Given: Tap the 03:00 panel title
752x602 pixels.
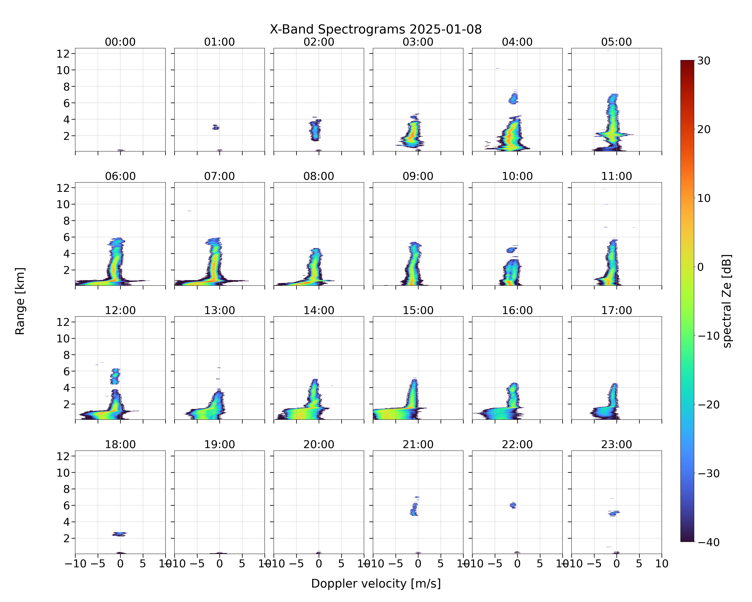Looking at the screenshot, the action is tap(418, 42).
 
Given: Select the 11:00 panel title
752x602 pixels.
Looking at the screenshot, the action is tap(616, 176).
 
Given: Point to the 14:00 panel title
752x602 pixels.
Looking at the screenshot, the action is tap(319, 310).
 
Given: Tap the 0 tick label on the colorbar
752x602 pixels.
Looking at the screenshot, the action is tap(700, 267).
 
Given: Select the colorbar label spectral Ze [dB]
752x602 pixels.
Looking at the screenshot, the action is tap(727, 301).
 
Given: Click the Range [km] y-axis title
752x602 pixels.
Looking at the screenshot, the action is tap(20, 301).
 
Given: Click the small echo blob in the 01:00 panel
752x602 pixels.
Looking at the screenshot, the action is tap(216, 127).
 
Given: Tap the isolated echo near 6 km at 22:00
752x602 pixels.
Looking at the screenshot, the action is tap(513, 505).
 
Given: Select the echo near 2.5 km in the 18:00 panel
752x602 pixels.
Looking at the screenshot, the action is tap(120, 534).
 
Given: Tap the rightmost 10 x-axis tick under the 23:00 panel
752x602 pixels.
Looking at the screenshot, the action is tap(662, 564).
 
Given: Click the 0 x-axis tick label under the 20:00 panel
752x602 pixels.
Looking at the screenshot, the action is tap(319, 564).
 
